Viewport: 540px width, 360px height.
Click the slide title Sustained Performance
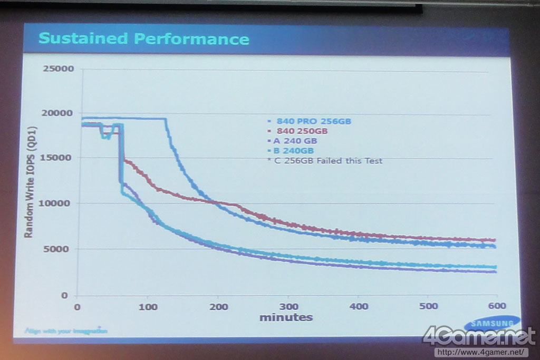pyautogui.click(x=144, y=38)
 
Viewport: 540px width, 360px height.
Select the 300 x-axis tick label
pyautogui.click(x=288, y=306)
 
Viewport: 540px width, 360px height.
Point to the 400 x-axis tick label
pyautogui.click(x=359, y=306)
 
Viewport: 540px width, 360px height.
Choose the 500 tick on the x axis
pyautogui.click(x=429, y=306)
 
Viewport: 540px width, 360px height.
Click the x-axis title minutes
pyautogui.click(x=285, y=317)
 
